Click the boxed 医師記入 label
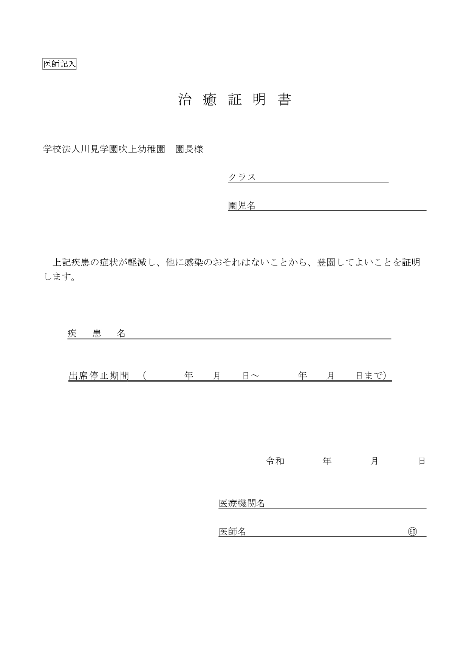[59, 64]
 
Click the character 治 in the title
[184, 99]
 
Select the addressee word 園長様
[189, 149]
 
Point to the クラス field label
[242, 177]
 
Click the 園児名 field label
[242, 206]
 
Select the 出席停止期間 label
[99, 376]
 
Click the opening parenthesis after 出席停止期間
[145, 376]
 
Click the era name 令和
[275, 461]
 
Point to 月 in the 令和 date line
[374, 461]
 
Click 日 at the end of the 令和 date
[422, 461]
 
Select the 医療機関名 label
[242, 504]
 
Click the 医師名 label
[232, 532]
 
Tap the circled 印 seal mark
[412, 532]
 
